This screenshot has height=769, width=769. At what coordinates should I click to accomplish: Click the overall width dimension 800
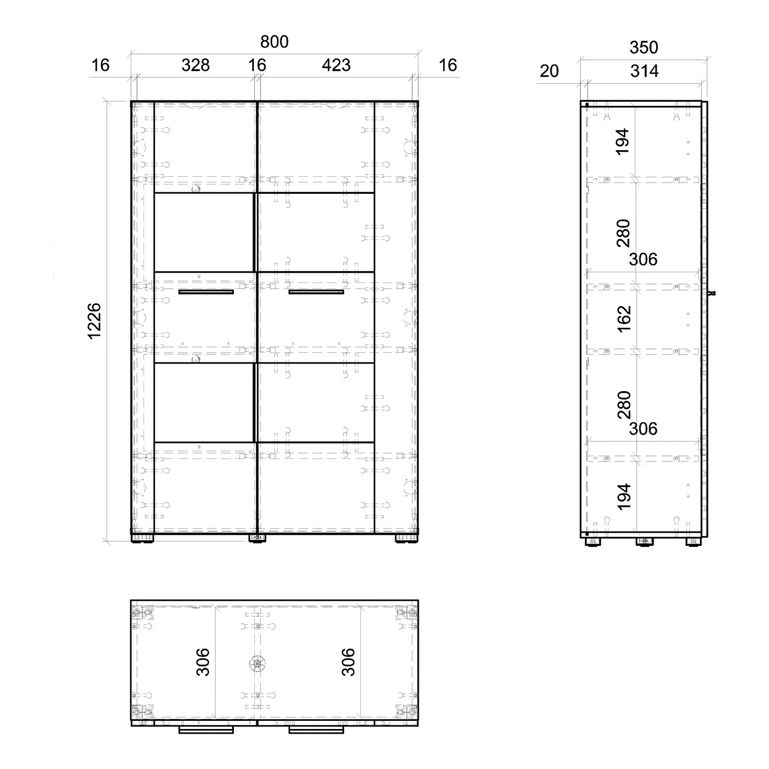pyautogui.click(x=274, y=42)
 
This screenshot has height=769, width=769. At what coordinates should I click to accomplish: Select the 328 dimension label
pyautogui.click(x=195, y=65)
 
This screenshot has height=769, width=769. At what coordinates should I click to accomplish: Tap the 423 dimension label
pyautogui.click(x=336, y=65)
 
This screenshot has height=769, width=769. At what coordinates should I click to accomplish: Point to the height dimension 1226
pyautogui.click(x=94, y=320)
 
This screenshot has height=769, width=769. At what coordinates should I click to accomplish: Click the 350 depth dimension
pyautogui.click(x=643, y=47)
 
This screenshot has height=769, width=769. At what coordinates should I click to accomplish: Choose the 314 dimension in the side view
pyautogui.click(x=644, y=71)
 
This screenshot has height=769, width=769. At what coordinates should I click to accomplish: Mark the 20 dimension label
pyautogui.click(x=549, y=71)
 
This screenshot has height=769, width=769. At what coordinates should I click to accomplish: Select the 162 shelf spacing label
pyautogui.click(x=624, y=318)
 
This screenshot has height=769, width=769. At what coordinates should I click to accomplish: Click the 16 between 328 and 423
pyautogui.click(x=257, y=65)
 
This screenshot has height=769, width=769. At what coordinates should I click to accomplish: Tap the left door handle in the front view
pyautogui.click(x=206, y=292)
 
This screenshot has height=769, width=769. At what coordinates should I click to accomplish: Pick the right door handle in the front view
pyautogui.click(x=316, y=292)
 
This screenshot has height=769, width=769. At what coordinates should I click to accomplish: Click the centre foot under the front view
pyautogui.click(x=257, y=538)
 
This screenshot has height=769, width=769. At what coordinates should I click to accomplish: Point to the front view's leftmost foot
pyautogui.click(x=143, y=538)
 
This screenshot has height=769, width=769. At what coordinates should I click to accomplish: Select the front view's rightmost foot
pyautogui.click(x=406, y=538)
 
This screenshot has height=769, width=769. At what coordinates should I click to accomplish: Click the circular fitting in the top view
pyautogui.click(x=257, y=663)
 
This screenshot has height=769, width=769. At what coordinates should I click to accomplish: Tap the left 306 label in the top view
pyautogui.click(x=203, y=662)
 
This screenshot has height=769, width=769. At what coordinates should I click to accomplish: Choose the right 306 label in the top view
pyautogui.click(x=348, y=662)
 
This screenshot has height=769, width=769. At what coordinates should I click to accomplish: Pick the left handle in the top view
pyautogui.click(x=206, y=730)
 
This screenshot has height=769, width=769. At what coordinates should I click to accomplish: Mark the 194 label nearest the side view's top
pyautogui.click(x=623, y=141)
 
